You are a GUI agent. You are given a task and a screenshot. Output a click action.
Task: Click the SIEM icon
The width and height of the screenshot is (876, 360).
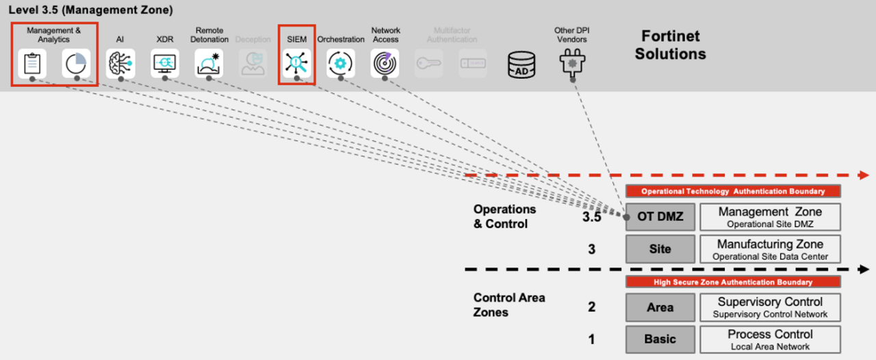(x=296, y=63)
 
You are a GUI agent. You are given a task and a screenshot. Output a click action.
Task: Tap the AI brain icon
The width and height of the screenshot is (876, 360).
(x=120, y=64)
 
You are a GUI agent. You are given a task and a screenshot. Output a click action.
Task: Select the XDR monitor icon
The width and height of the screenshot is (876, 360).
(x=165, y=64)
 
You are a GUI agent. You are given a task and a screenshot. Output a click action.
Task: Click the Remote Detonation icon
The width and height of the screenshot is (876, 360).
(x=209, y=64)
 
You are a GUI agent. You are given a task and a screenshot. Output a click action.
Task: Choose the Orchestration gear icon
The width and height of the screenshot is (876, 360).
(x=340, y=63)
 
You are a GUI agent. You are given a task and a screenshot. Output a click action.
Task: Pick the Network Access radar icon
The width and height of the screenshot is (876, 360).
(x=385, y=63)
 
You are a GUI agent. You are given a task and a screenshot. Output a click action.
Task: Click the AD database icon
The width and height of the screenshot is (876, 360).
(x=521, y=65)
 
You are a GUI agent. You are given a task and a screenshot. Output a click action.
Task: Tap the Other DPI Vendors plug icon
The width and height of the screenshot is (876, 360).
(x=573, y=63)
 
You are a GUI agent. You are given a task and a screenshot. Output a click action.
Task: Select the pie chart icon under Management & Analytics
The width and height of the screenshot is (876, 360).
(x=76, y=64)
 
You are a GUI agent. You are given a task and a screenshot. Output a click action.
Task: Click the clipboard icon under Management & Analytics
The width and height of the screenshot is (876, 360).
(x=32, y=64)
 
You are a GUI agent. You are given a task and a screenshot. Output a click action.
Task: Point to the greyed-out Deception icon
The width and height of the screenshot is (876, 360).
(x=253, y=64)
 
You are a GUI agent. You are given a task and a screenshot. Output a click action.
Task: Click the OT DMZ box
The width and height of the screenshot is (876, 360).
(x=660, y=217)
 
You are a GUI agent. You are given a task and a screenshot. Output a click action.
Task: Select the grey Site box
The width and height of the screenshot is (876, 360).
(x=660, y=249)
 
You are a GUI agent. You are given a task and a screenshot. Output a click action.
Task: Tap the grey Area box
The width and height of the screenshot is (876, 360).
(x=660, y=307)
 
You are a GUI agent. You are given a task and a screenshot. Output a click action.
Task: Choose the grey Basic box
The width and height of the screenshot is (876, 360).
(x=660, y=339)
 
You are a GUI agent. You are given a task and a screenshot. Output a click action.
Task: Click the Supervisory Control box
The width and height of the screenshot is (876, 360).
(x=770, y=307)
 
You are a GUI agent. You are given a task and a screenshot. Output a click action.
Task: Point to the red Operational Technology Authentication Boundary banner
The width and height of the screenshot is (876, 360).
(x=733, y=192)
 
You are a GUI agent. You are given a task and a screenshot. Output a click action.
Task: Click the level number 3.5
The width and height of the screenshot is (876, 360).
(x=591, y=218)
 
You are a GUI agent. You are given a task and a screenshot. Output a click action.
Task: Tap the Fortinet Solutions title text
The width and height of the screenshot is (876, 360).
(x=670, y=44)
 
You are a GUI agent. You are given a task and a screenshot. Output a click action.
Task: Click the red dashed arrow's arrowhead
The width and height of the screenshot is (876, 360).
(x=864, y=175)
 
